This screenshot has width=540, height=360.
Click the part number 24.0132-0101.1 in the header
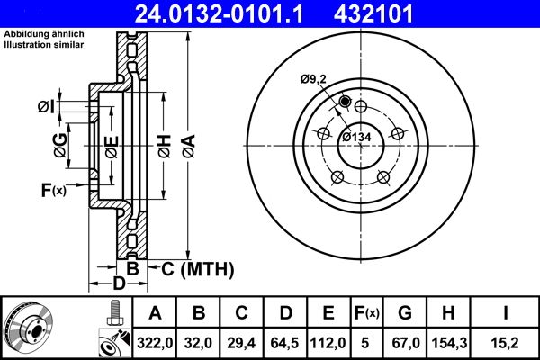[x=210, y=13]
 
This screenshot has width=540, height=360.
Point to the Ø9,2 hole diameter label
[x=314, y=80]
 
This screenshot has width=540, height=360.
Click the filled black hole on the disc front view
[x=345, y=102]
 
